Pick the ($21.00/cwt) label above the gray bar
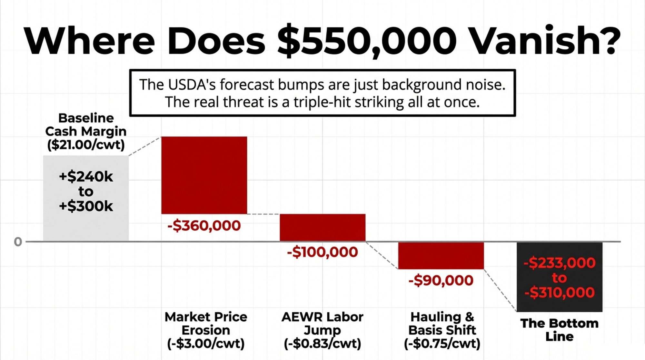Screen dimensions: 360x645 [x=86, y=145]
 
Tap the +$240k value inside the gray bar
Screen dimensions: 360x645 [x=86, y=176]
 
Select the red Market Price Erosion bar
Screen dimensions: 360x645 [x=204, y=175]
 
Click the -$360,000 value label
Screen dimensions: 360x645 [x=204, y=225]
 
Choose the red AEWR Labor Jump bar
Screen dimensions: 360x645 [x=322, y=227]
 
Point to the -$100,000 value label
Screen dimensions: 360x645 [x=322, y=252]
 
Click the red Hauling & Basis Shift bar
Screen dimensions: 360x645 [x=441, y=255]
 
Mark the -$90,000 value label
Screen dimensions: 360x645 [x=441, y=280]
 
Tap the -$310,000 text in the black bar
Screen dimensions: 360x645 [x=559, y=293]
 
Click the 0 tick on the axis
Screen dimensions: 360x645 [x=18, y=242]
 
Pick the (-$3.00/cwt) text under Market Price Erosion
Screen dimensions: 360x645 [x=206, y=344]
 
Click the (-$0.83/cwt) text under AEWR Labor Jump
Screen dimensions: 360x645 [x=322, y=344]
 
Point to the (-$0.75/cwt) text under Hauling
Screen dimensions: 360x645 [x=442, y=344]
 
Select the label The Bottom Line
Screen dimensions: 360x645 [x=559, y=330]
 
